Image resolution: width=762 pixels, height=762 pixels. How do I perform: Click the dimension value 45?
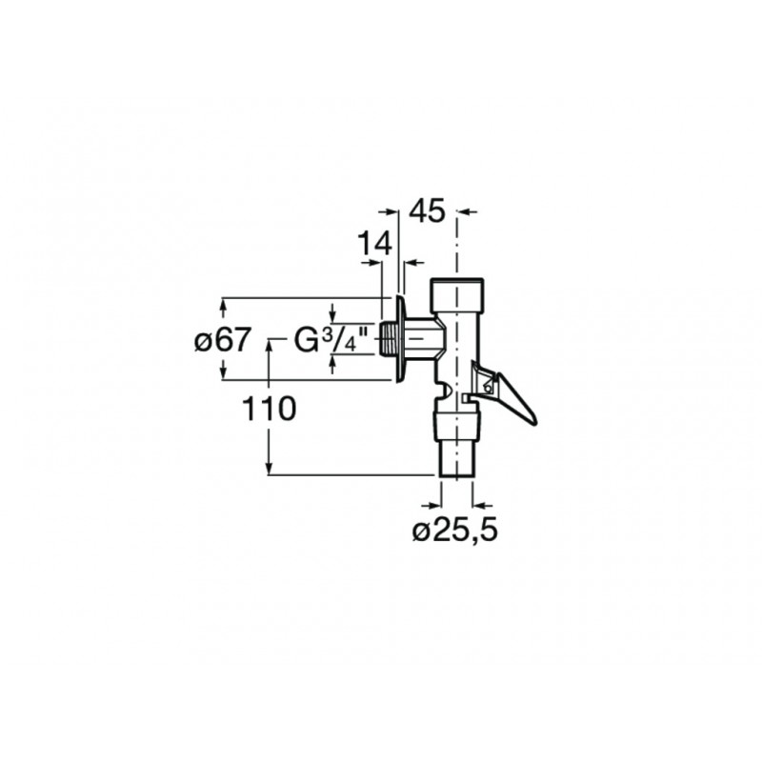427,211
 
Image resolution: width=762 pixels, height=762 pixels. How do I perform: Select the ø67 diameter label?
223,339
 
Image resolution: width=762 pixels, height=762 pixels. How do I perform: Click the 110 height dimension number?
269,409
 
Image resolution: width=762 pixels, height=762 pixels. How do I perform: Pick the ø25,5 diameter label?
455,531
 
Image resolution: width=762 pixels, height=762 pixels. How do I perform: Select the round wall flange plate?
400,339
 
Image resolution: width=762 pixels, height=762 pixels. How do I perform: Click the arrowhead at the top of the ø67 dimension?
223,305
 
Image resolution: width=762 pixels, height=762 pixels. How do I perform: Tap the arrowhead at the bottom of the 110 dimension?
269,468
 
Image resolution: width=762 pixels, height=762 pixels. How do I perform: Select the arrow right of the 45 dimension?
468,211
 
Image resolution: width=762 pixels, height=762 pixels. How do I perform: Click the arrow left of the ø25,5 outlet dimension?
431,506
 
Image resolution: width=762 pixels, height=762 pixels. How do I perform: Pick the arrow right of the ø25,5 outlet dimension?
483,506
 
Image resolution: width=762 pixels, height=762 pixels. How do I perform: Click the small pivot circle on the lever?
488,388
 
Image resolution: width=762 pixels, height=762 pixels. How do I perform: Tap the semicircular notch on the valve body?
445,389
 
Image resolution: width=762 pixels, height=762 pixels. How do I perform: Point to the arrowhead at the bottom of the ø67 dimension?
223,372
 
